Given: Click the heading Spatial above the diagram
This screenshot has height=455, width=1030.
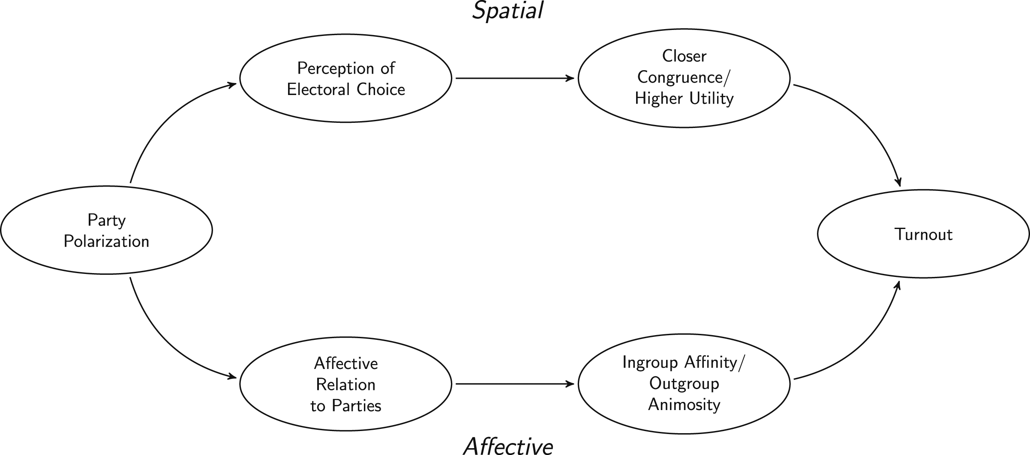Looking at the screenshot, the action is click(508, 11).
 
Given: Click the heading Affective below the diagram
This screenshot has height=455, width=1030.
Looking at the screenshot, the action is click(508, 446).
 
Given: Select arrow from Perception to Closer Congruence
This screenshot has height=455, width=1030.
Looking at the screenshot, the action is click(515, 78).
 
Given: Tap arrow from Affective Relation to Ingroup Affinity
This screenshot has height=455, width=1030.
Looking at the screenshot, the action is click(515, 384).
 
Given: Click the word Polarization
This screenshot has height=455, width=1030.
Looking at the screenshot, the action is click(106, 241).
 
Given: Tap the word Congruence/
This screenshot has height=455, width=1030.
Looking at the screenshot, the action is click(684, 78).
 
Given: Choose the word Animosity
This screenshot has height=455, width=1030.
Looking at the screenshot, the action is click(684, 404).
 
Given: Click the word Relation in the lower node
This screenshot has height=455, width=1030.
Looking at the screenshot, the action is click(345, 384).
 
